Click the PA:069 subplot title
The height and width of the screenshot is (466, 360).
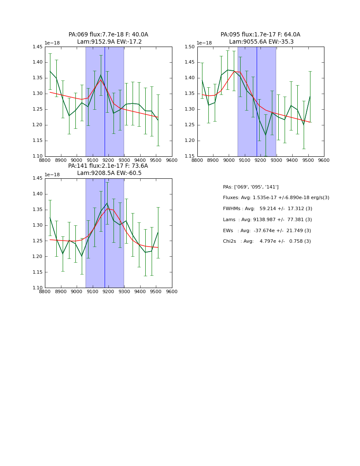click(108, 35)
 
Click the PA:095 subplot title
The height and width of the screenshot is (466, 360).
click(260, 35)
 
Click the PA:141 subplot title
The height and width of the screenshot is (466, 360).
click(108, 166)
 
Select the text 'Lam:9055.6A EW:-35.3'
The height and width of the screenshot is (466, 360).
click(261, 42)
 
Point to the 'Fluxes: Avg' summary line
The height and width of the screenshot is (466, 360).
click(276, 198)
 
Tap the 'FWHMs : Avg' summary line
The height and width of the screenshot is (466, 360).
click(267, 208)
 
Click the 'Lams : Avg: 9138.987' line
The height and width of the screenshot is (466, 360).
click(267, 219)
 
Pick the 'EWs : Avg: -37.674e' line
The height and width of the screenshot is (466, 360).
click(267, 230)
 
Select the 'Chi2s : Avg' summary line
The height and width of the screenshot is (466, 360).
click(267, 241)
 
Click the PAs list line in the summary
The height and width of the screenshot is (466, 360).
click(251, 187)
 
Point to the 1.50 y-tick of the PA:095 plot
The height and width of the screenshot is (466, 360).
click(189, 47)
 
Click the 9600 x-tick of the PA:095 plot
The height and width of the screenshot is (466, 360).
click(324, 161)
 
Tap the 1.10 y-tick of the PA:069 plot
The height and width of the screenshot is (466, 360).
click(37, 156)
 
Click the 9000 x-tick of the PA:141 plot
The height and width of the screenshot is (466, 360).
click(77, 292)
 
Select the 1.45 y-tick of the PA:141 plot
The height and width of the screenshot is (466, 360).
click(37, 178)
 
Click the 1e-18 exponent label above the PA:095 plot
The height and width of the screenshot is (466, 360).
click(204, 43)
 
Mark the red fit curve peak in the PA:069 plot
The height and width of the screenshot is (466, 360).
click(101, 80)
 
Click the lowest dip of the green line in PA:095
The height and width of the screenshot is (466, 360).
click(266, 135)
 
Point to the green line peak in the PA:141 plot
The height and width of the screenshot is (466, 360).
click(107, 203)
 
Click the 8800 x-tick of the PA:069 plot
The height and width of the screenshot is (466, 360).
click(45, 161)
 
